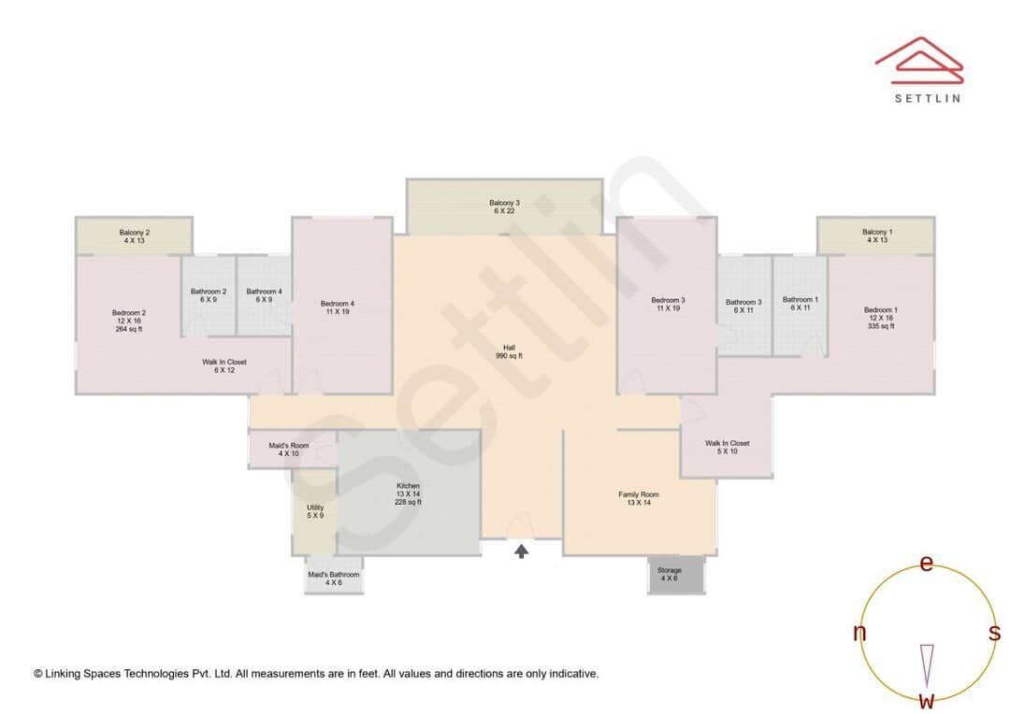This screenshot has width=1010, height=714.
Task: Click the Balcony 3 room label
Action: (503, 207)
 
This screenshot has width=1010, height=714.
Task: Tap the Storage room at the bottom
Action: (669, 575)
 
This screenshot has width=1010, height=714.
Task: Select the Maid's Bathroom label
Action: (334, 578)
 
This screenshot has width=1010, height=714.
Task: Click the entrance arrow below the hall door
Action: (521, 551)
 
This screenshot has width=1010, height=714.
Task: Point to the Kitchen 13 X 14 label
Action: (408, 493)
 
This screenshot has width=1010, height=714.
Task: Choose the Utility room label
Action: (315, 512)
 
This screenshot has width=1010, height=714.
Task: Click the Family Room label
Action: (639, 498)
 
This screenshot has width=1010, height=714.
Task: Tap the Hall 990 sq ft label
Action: (509, 351)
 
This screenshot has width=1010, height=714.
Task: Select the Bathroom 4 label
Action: (264, 295)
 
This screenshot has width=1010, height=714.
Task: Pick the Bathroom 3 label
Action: (743, 306)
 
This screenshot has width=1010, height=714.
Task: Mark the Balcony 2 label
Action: (134, 236)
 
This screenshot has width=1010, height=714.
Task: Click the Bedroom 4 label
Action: (337, 307)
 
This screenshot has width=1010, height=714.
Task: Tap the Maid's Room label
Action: (288, 450)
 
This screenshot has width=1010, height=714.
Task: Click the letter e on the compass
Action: (926, 564)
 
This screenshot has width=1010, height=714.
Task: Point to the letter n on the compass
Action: (858, 633)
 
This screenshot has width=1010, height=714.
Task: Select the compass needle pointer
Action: (927, 664)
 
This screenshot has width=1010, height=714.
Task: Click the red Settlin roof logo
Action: (918, 58)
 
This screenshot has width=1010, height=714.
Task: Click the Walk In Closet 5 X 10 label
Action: (727, 447)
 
